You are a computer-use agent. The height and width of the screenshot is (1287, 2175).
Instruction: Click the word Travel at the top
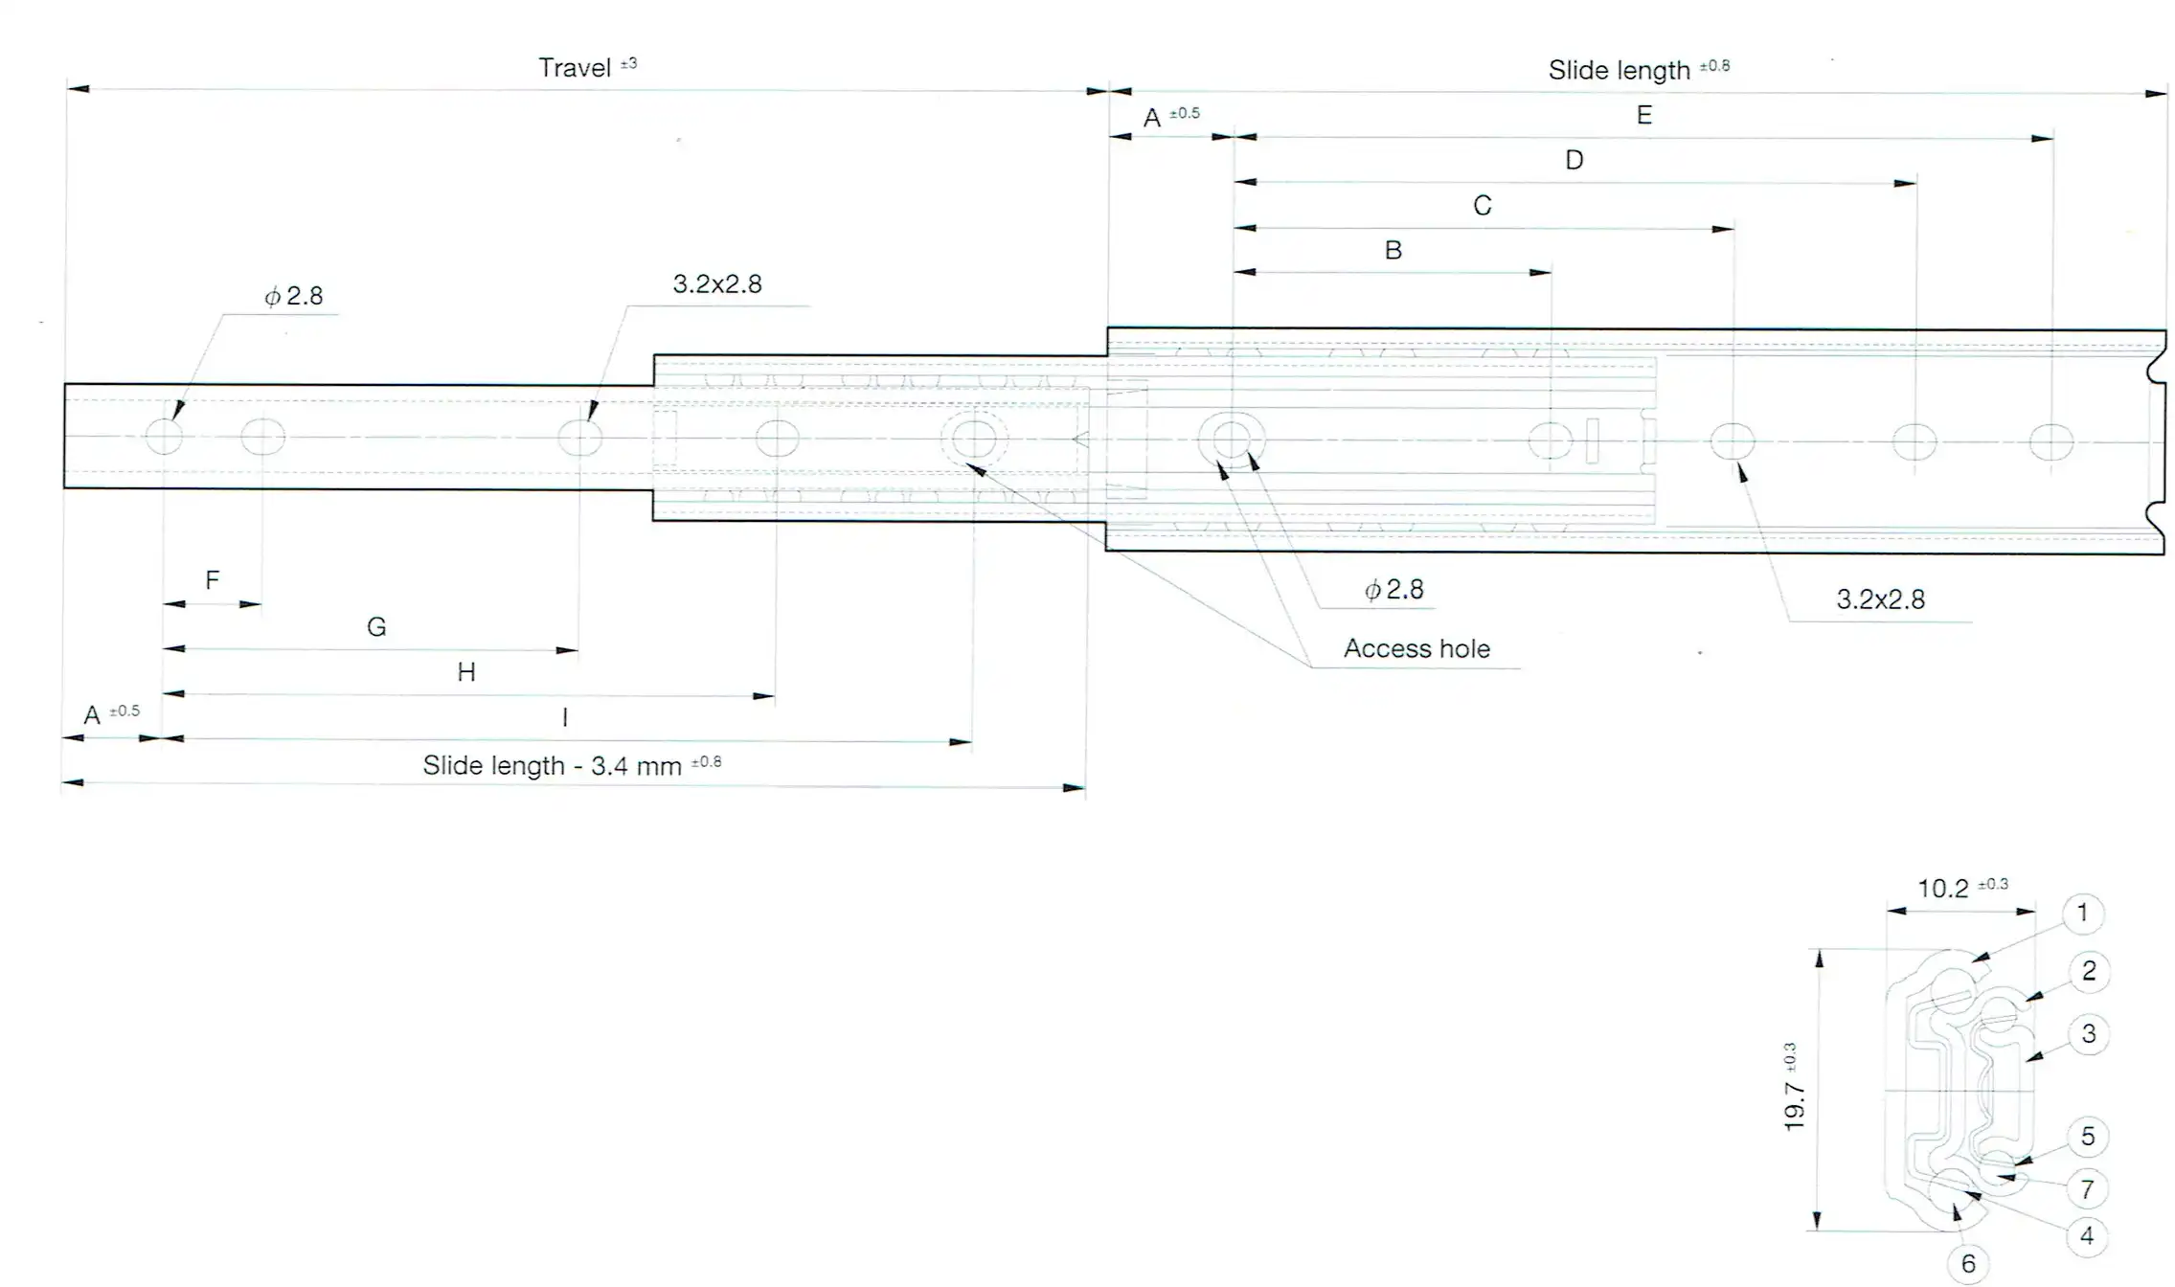575,68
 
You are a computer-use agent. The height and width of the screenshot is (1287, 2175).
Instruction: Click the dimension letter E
1644,116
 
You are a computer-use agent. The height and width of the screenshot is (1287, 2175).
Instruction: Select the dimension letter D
1575,160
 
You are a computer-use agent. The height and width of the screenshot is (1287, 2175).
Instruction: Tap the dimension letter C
1483,206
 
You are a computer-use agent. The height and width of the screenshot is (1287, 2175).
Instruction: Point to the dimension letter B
1393,251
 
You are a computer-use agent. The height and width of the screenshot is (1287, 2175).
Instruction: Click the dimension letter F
213,579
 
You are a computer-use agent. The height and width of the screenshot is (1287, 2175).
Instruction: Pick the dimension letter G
376,627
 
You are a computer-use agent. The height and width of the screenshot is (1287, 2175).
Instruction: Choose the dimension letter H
466,672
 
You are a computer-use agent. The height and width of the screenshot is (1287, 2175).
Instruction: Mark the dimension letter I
565,717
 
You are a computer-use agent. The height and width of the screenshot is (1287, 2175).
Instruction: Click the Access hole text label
1416,649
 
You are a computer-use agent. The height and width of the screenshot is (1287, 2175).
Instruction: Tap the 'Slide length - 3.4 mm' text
553,766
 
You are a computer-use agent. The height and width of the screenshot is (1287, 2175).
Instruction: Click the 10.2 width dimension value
1943,890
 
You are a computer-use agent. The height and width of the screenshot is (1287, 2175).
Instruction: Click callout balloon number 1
2082,914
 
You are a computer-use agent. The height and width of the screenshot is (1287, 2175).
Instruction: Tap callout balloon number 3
2089,1034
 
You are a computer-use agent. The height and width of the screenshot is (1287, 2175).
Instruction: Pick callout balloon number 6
1968,1264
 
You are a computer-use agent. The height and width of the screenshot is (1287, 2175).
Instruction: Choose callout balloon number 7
2087,1190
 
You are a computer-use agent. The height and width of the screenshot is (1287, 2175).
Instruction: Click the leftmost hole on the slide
164,437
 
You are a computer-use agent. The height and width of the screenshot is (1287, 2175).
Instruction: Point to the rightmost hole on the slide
2051,442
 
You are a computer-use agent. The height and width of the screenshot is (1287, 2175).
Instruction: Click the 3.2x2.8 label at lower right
1880,600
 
